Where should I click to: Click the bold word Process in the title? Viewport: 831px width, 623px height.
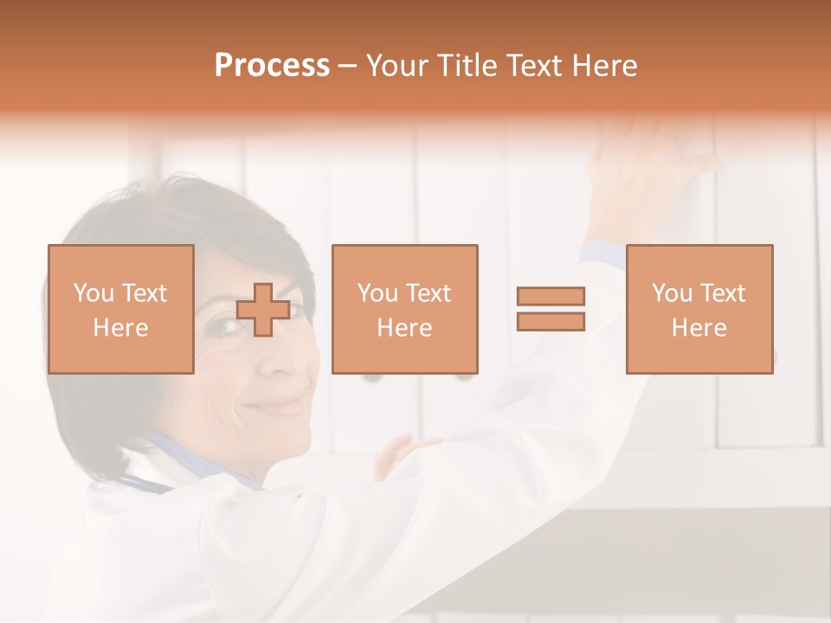click(272, 66)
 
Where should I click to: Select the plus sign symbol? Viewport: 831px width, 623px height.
click(263, 310)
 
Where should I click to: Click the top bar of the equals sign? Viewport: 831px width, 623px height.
click(551, 296)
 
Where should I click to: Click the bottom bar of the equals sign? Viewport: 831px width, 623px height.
click(551, 321)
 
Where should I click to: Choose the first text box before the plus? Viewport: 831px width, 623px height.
click(120, 309)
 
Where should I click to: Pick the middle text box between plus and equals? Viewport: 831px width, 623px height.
click(404, 309)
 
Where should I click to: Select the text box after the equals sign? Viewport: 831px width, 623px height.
click(699, 309)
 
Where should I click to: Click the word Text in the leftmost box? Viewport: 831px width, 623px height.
click(144, 293)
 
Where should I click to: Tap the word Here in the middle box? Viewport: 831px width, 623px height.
click(404, 328)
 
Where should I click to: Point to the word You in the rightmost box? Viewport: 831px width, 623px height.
click(672, 293)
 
